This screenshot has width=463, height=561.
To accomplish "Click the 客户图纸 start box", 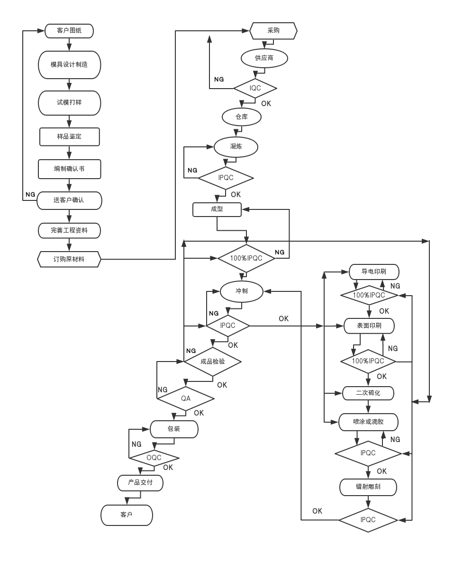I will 69,31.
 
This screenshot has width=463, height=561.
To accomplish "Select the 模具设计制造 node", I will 69,64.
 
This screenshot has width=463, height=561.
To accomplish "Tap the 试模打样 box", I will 69,102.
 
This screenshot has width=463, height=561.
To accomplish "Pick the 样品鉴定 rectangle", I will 69,136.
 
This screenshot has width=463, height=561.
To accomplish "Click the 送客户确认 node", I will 69,200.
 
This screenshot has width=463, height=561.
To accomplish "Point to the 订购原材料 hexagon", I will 69,259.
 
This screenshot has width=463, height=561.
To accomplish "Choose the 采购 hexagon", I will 273,31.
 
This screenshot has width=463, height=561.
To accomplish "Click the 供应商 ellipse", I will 264,58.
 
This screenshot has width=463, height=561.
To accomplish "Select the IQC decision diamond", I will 255,88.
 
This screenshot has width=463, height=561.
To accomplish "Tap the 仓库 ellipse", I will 242,117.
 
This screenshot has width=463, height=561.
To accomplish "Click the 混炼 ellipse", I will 236,147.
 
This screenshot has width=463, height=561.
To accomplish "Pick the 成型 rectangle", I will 217,209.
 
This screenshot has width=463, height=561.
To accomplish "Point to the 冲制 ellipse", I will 242,291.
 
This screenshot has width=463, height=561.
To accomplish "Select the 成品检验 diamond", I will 213,362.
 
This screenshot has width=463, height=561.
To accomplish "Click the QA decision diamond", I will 186,398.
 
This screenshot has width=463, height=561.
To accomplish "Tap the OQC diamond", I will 154,458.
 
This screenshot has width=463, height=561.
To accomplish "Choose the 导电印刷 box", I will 374,272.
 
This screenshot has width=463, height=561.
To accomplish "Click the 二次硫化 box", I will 368,393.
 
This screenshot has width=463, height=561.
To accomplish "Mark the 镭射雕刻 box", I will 368,487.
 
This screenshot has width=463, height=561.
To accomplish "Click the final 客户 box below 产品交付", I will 127,515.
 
